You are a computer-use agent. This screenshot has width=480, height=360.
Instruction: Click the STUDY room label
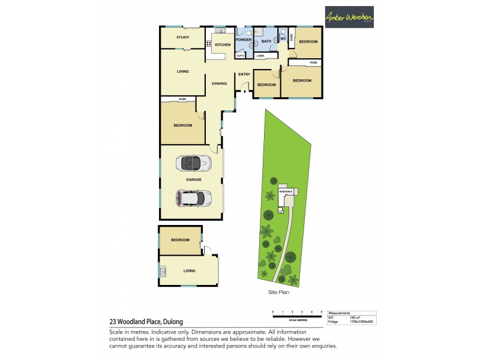point(182,38)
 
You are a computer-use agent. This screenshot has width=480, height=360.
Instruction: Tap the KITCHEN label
point(223,45)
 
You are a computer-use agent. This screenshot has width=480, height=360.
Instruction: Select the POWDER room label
point(243,40)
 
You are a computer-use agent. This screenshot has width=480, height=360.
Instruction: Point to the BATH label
point(266,41)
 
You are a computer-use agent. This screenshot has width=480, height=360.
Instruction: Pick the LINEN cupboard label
point(260,56)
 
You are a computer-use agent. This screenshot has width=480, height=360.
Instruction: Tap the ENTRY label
point(244,74)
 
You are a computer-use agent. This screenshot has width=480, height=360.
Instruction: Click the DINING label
point(219,83)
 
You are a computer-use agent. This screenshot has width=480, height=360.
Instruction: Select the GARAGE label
point(193,179)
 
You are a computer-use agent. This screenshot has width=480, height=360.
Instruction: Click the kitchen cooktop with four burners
point(209,43)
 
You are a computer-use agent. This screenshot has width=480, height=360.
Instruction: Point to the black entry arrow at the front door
point(244,92)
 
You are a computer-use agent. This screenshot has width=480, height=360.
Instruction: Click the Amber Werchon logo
point(349,17)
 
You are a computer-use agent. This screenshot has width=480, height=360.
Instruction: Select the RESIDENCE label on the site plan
point(285,191)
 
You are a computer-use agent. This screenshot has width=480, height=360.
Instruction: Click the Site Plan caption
point(280,292)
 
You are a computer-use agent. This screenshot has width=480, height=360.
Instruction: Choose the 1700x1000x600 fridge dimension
point(362,322)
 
